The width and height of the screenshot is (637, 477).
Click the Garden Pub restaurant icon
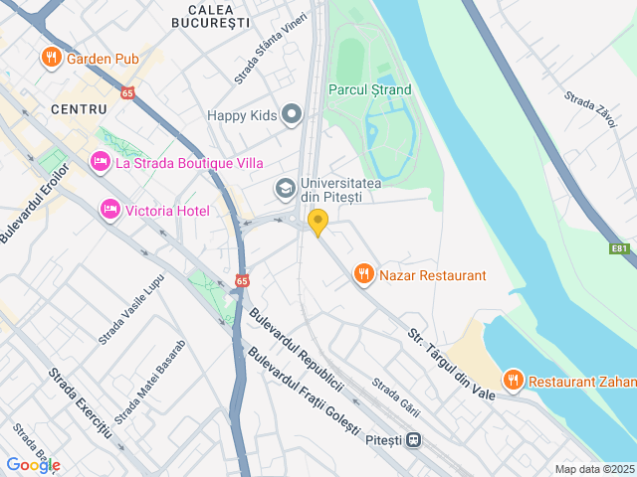(51, 59)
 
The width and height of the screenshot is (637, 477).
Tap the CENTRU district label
(79, 107)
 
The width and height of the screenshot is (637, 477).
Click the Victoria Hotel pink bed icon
(110, 210)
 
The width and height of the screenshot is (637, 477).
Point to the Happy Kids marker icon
(292, 115)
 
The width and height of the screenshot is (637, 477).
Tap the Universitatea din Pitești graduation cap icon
(285, 188)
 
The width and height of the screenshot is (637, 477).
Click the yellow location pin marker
(318, 223)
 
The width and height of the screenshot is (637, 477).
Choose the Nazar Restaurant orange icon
(364, 274)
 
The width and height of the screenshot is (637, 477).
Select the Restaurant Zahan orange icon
(513, 380)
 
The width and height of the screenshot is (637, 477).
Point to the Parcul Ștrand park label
(369, 89)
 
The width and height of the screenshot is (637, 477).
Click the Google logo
(33, 465)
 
